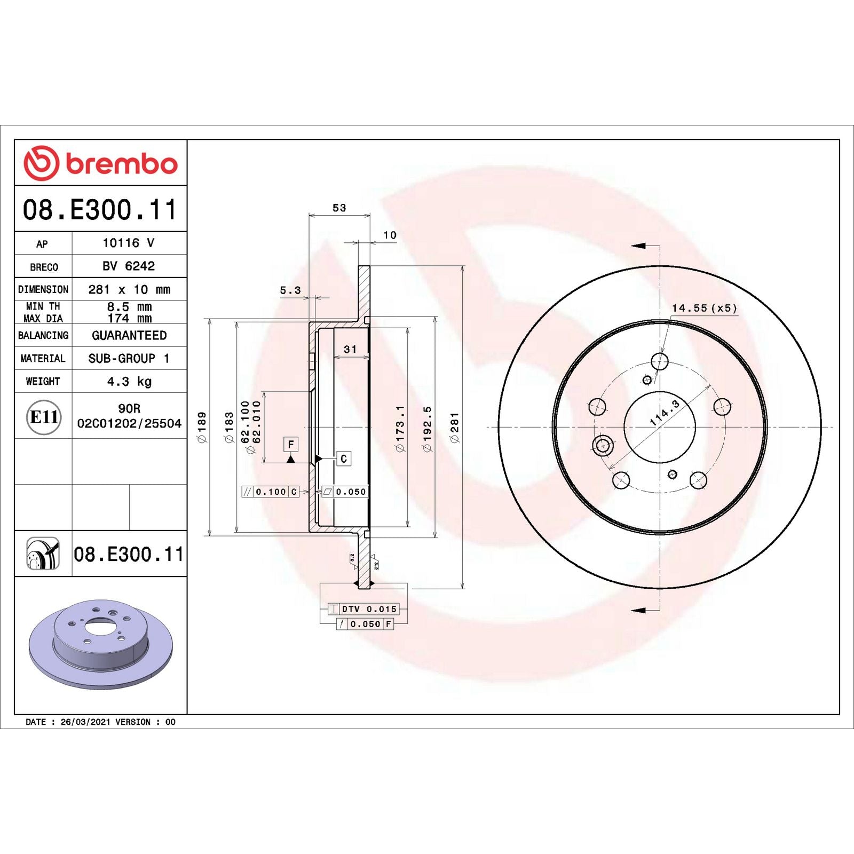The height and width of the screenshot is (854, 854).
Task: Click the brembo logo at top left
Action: point(100,163)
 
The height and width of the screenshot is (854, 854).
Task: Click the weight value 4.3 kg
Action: point(129,382)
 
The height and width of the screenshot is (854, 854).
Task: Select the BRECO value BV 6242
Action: point(129,266)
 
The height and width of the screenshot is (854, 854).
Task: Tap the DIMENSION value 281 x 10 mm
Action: point(129,289)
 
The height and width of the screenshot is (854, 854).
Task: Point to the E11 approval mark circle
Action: point(43,417)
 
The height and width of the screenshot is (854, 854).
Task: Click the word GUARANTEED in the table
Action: point(129,335)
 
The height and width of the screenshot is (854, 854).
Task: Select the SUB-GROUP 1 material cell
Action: point(129,358)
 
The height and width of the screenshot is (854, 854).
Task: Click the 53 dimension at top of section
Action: point(339,208)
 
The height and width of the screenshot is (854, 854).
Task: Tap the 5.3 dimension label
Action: point(290,290)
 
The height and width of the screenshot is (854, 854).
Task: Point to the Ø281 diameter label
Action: point(454,427)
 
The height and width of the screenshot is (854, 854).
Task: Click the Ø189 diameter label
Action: point(202,427)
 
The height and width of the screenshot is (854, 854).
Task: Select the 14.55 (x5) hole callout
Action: point(703,308)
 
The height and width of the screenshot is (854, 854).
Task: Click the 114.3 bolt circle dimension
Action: point(665,413)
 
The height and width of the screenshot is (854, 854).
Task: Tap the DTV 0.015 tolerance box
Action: point(363,609)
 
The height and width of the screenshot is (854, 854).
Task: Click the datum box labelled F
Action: point(290,444)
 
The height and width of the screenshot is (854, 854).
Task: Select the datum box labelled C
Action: point(343,458)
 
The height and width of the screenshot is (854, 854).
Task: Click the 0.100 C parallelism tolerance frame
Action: point(270,492)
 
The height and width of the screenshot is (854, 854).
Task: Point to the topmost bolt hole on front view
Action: point(660,361)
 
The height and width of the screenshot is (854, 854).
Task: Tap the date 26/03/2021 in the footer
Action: point(85,722)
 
